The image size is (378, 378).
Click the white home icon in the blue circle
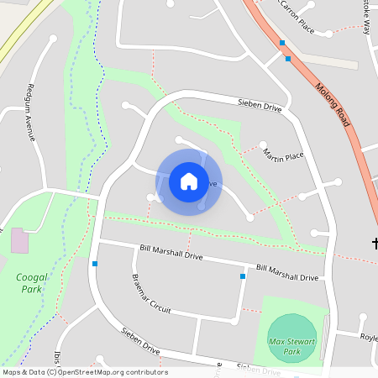[x=189, y=181]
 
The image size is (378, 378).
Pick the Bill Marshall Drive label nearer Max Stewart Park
[x=287, y=272]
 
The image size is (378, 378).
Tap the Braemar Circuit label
[x=150, y=295]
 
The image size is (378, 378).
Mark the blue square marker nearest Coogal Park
[x=95, y=264]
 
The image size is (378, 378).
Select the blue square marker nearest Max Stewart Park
[x=243, y=276]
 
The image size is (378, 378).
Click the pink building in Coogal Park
[x=19, y=241]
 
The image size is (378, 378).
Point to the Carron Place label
[x=294, y=22]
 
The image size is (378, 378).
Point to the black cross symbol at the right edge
[x=374, y=244]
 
